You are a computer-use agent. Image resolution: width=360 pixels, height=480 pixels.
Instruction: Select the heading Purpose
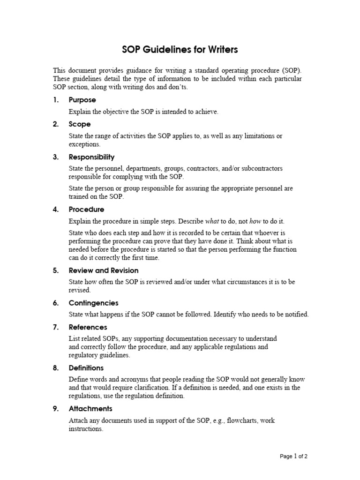(82, 100)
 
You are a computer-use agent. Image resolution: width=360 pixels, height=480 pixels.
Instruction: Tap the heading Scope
(80, 124)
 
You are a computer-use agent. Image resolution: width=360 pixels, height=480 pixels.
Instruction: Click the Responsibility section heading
(91, 157)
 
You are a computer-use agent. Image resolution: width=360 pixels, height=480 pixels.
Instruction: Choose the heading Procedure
(86, 210)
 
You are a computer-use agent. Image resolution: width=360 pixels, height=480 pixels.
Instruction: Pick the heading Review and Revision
(104, 270)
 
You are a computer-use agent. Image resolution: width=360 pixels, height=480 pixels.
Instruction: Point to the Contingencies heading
(93, 303)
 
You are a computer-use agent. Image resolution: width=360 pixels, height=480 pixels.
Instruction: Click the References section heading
(88, 327)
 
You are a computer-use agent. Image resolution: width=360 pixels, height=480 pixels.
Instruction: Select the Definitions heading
(86, 368)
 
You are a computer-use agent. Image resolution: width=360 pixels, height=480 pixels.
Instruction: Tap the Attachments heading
(90, 409)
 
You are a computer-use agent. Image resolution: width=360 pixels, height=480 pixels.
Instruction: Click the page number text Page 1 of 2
(293, 456)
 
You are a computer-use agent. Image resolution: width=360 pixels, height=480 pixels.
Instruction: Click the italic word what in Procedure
(212, 221)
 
